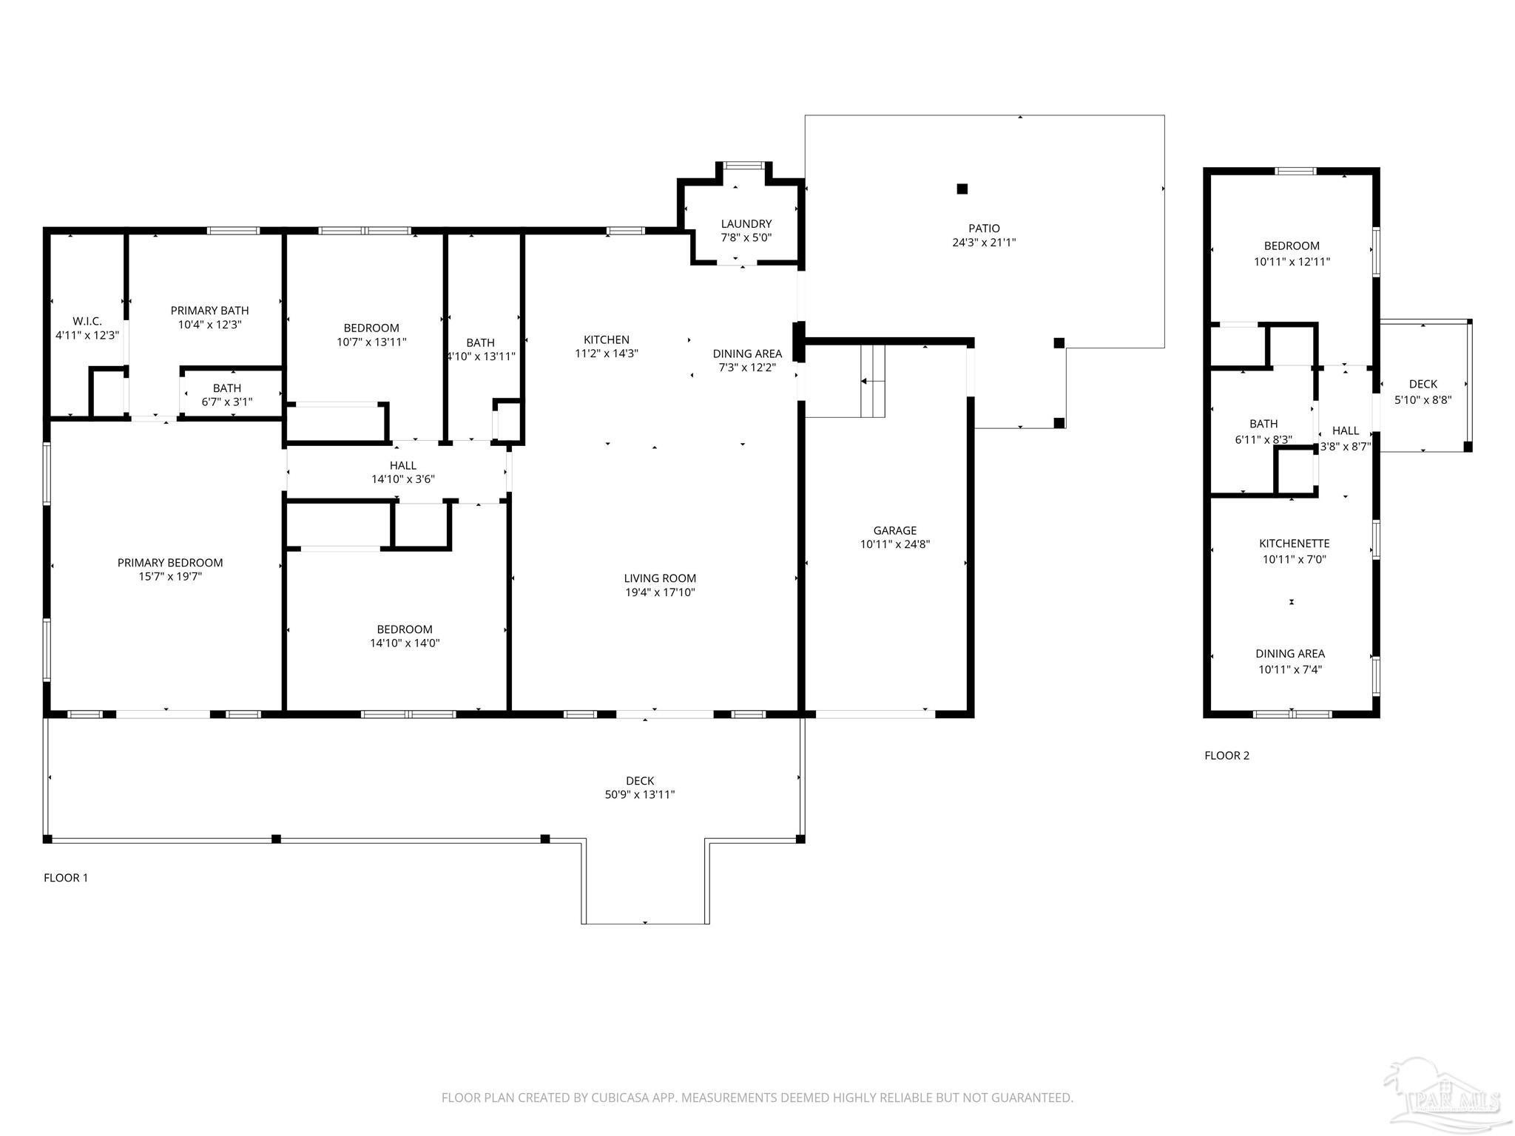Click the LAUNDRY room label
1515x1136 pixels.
pos(746,224)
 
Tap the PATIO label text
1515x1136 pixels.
pos(984,229)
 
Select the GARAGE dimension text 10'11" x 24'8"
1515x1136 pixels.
pos(894,544)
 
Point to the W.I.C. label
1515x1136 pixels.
pos(87,321)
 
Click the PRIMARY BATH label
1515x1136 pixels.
pos(209,311)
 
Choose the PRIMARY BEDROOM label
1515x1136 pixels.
pos(170,563)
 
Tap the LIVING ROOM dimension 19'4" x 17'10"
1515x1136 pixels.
pos(660,592)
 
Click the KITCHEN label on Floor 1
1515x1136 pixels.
pos(607,339)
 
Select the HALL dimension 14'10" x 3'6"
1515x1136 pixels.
pos(403,479)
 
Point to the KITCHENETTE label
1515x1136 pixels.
pos(1295,544)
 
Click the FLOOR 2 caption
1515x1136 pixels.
pos(1226,755)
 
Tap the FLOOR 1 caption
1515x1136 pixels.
pos(66,878)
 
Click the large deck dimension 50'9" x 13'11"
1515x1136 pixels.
pos(640,795)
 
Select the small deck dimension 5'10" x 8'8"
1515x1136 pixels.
pos(1423,399)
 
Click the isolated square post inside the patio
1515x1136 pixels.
pos(962,189)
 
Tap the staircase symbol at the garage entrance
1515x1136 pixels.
pos(872,381)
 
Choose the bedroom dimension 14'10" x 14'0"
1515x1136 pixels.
pos(405,643)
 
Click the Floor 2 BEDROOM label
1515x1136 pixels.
pos(1292,246)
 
